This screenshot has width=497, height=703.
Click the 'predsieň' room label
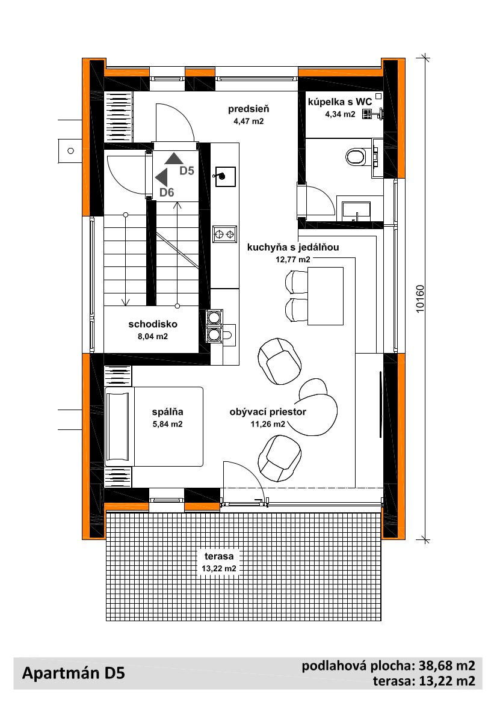point(248,108)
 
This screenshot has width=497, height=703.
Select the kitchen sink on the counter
point(224,176)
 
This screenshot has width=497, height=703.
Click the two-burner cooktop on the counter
point(224,233)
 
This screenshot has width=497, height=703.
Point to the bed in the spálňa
point(153,427)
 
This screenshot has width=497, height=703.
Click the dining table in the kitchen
point(325,296)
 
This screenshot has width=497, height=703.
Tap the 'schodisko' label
point(153,324)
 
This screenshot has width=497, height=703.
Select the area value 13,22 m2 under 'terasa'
point(219,568)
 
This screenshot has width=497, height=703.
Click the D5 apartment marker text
point(187,170)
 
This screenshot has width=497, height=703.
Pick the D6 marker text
point(167,192)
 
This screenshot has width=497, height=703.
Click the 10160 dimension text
point(420,299)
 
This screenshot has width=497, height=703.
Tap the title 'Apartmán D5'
point(73,674)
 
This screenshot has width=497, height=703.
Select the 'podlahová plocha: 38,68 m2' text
point(389,666)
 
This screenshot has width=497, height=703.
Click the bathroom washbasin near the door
point(357,210)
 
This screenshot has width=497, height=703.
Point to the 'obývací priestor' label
point(268,411)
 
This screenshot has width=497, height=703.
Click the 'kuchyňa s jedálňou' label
point(293,247)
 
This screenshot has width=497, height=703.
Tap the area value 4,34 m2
point(340,114)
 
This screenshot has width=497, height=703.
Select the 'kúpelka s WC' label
point(340,102)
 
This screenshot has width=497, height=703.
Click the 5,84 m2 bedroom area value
point(167,424)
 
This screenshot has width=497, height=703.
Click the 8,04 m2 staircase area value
point(152,336)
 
